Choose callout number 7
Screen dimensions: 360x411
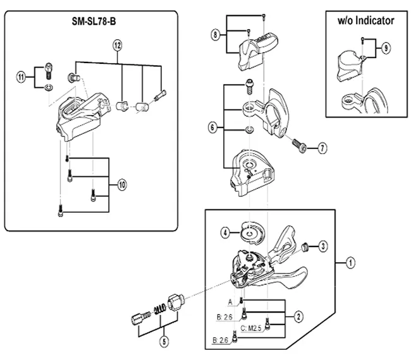click(322, 149)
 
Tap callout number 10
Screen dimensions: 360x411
click(122, 185)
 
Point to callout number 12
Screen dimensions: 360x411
click(117, 45)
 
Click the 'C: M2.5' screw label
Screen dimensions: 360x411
click(249, 328)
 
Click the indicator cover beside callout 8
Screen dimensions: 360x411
click(256, 52)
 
